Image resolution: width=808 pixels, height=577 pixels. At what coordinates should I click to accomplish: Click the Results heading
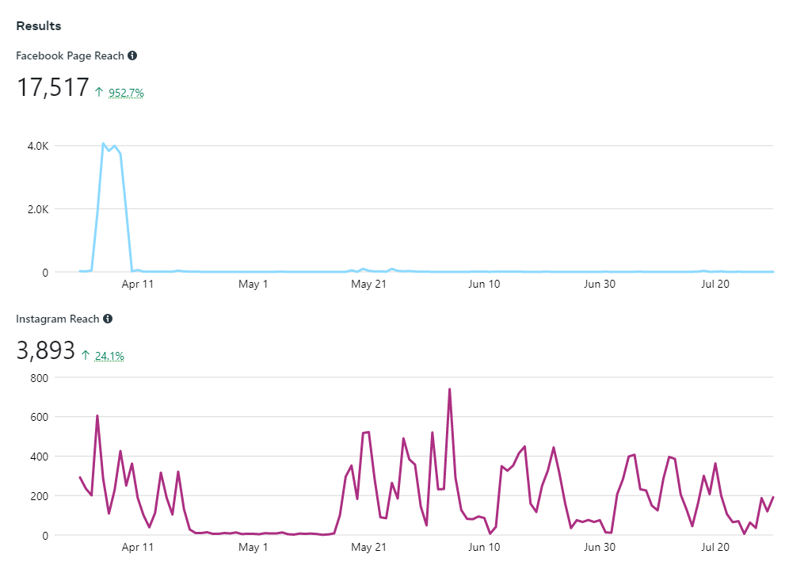(39, 26)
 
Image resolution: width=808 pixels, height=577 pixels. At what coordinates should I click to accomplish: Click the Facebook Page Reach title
(71, 55)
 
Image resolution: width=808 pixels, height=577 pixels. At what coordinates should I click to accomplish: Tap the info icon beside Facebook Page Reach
(132, 55)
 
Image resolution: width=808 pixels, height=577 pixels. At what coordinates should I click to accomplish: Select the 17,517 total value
(52, 88)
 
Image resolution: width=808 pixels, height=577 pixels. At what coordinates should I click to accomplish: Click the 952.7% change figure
(126, 93)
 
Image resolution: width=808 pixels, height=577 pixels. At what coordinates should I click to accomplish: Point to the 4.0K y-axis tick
(37, 146)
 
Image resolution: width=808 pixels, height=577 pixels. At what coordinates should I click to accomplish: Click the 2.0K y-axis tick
(37, 209)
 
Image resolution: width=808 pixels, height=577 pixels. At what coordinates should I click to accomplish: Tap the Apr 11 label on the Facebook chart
(138, 284)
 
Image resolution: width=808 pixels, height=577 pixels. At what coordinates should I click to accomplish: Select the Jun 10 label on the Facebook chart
(484, 284)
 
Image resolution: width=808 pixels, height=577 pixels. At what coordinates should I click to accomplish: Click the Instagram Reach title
(58, 319)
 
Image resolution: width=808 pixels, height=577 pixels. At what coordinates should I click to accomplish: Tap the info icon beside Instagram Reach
(108, 319)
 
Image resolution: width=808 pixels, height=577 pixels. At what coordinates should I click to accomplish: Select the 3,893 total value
(45, 351)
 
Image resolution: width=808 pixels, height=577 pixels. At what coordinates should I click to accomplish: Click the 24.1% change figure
(109, 356)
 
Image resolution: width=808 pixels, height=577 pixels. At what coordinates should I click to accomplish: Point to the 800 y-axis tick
(40, 377)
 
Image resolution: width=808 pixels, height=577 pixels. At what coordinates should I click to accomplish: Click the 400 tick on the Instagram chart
(40, 457)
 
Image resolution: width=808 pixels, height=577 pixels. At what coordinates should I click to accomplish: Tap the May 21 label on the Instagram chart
(368, 547)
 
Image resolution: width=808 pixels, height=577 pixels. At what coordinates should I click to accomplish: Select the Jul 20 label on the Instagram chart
(715, 547)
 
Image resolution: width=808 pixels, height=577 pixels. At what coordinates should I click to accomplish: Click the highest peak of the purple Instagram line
(449, 389)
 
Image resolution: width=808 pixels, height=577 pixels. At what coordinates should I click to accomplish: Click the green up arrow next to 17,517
(99, 92)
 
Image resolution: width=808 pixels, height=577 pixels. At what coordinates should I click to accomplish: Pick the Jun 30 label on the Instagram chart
(600, 547)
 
